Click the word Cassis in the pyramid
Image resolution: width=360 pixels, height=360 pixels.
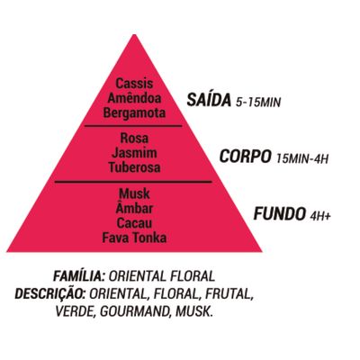pos(134,84)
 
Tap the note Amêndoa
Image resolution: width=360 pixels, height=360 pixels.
pos(134,98)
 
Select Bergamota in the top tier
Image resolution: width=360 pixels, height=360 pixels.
pos(134,113)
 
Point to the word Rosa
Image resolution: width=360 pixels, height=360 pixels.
pos(134,139)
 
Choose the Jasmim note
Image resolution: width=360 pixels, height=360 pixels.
pos(134,153)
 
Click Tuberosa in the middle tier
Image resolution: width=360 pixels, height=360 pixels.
pos(134,167)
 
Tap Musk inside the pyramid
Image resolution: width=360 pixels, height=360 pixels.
pos(134,193)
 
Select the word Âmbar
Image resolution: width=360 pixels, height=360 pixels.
pos(134,208)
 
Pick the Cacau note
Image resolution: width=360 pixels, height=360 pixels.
pos(134,223)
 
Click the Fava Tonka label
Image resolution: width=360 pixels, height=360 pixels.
pos(134,238)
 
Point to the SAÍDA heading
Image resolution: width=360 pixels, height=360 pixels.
pos(209,100)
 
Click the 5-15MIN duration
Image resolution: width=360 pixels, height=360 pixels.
pos(258,103)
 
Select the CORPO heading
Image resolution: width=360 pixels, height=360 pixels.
pos(245,157)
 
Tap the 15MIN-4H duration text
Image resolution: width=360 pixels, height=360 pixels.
pos(302,158)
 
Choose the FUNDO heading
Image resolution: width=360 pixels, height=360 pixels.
pos(279,214)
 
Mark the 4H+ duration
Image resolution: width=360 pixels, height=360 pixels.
pos(320,216)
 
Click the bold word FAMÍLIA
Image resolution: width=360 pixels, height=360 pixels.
pos(78,275)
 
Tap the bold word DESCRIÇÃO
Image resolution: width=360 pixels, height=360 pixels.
pos(50,293)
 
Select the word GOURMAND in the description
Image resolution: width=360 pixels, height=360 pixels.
pos(133,312)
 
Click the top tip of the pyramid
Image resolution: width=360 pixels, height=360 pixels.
pos(134,35)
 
